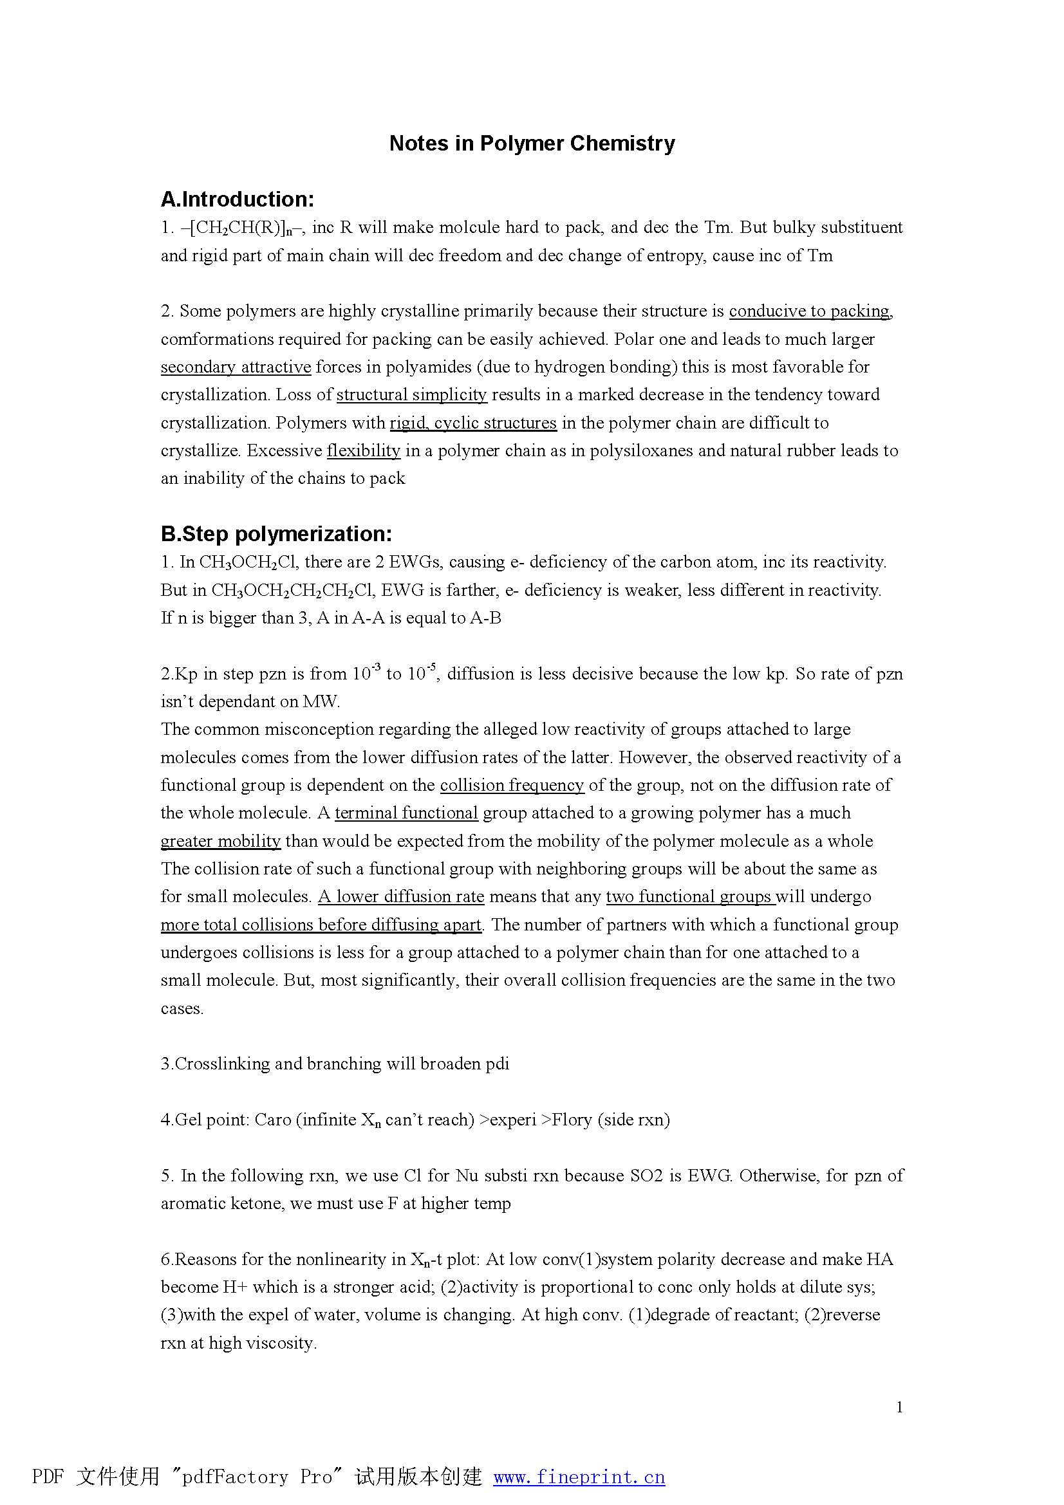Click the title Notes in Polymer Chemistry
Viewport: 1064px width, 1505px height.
(x=532, y=143)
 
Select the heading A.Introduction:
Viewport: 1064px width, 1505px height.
(x=238, y=199)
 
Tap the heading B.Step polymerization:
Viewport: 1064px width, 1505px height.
(x=276, y=533)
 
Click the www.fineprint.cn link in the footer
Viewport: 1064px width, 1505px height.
(x=579, y=1476)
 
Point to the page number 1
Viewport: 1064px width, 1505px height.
(x=899, y=1407)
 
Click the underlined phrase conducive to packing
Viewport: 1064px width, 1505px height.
(x=809, y=311)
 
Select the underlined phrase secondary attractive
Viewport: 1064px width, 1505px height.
(x=236, y=366)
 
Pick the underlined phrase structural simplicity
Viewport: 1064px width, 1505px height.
(x=411, y=394)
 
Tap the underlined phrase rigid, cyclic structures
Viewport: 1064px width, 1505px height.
(x=472, y=423)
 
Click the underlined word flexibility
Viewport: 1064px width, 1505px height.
(x=363, y=451)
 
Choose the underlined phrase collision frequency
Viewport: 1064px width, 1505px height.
(x=511, y=785)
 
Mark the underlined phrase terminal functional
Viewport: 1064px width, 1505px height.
(x=406, y=813)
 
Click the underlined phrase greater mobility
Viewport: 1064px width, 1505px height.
(x=220, y=841)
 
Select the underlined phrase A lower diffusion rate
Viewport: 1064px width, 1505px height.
(x=400, y=897)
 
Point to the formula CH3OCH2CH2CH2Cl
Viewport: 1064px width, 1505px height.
(x=291, y=591)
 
